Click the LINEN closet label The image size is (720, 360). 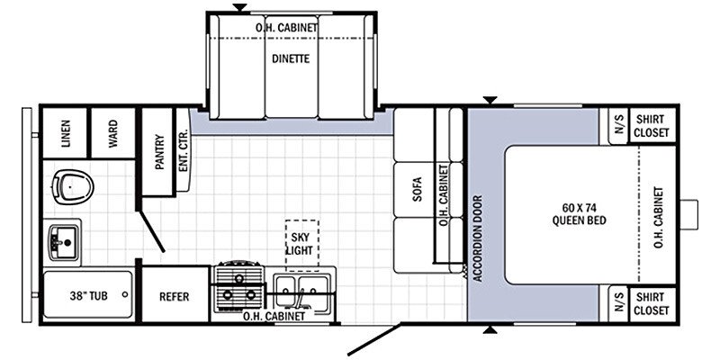pyautogui.click(x=65, y=133)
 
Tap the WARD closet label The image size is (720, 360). pyautogui.click(x=112, y=133)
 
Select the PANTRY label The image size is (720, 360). pyautogui.click(x=159, y=152)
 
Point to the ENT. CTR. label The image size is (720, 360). pyautogui.click(x=182, y=151)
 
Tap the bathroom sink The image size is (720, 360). pyautogui.click(x=64, y=242)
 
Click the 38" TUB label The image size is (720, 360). pyautogui.click(x=88, y=296)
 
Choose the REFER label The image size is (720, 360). pyautogui.click(x=174, y=297)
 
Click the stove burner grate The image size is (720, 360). pyautogui.click(x=238, y=287)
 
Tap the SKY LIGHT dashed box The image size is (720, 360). pyautogui.click(x=301, y=245)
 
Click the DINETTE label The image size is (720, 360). pyautogui.click(x=290, y=58)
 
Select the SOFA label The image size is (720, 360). pyautogui.click(x=417, y=190)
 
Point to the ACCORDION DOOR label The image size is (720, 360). pyautogui.click(x=478, y=238)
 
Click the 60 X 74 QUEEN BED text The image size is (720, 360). pyautogui.click(x=579, y=215)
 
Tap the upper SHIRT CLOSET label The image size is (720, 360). pyautogui.click(x=651, y=126)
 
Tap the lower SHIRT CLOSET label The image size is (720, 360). pyautogui.click(x=651, y=304)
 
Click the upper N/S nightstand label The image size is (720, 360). pyautogui.click(x=619, y=124)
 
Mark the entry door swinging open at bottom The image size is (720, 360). pyautogui.click(x=373, y=340)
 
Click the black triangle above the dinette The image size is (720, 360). pyautogui.click(x=239, y=7)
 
